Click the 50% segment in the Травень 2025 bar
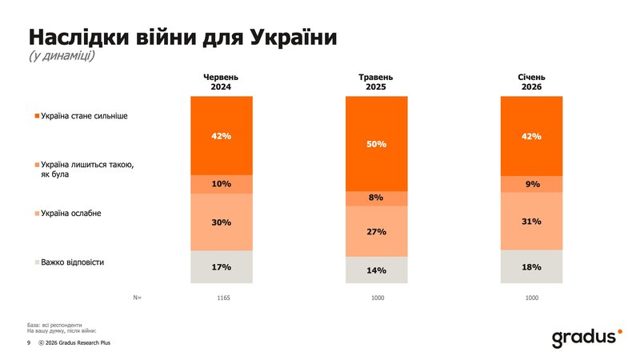point(377,144)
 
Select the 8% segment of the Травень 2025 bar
point(377,198)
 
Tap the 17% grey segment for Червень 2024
point(222,266)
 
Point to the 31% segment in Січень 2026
point(531,222)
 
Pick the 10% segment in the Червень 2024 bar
point(222,184)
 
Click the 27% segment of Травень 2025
point(377,231)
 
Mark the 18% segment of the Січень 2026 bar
point(531,266)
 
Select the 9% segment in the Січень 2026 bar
point(531,184)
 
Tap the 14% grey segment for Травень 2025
point(377,270)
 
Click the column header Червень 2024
point(222,82)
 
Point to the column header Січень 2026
point(531,82)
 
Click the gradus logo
point(586,338)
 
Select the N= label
point(137,298)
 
